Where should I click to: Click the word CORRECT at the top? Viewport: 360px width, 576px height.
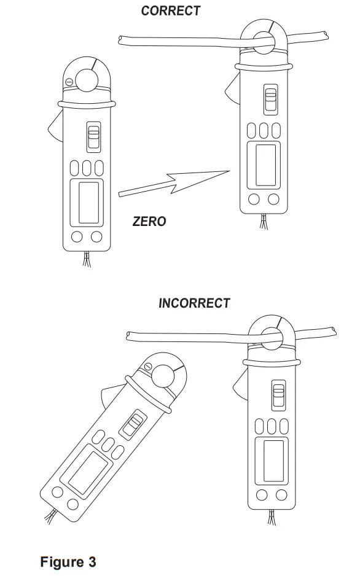170,10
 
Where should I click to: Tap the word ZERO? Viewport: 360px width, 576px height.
149,221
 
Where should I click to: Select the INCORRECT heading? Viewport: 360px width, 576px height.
194,303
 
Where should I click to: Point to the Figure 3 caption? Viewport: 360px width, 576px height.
68,561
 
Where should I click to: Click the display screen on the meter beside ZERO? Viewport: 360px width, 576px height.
87,203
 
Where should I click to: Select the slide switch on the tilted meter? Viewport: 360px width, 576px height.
133,424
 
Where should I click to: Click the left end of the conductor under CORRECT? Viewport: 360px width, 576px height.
121,41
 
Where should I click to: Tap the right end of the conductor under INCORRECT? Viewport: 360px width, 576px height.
333,331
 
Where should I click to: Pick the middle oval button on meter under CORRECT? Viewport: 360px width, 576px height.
265,131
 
